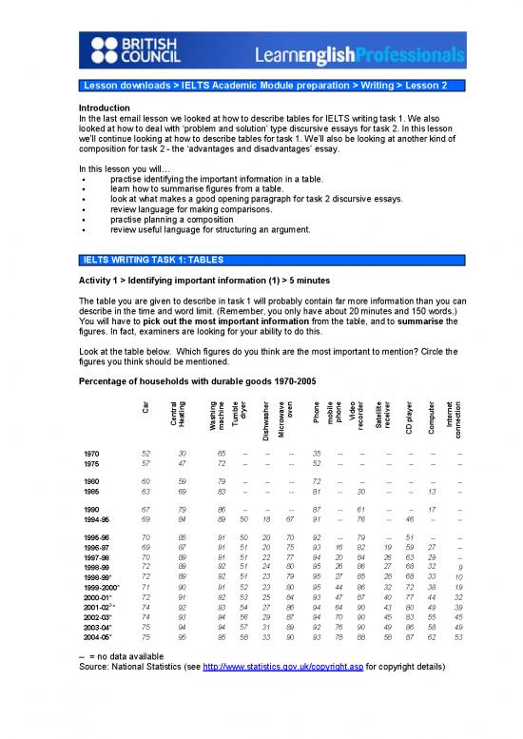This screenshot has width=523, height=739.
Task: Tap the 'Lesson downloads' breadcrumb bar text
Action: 122,86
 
